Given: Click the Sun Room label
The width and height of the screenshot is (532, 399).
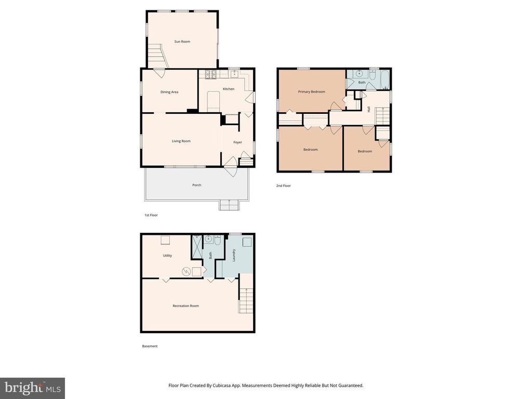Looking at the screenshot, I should (x=181, y=42).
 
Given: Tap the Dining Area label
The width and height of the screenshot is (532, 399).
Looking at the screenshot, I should (x=169, y=92).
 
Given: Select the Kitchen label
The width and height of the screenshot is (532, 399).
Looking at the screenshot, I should (x=229, y=89).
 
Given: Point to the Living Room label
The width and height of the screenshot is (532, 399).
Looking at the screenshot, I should (x=181, y=141).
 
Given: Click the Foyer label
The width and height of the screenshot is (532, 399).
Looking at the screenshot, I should (x=237, y=142).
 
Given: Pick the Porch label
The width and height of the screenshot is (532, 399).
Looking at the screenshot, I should (x=196, y=185).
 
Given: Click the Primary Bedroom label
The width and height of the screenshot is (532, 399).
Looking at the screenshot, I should (x=311, y=91).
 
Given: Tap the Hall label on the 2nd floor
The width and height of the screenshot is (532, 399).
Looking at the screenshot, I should (x=369, y=109).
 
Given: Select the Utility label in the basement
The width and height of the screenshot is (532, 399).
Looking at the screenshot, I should (x=167, y=256).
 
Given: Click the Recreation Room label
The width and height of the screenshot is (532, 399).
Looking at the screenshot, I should (x=185, y=306).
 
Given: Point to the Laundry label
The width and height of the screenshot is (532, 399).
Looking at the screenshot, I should (x=234, y=255).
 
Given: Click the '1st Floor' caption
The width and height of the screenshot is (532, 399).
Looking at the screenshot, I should (x=151, y=215).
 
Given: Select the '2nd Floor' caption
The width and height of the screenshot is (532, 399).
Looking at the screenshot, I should (x=283, y=185).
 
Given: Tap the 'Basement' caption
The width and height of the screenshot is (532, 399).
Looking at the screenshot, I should (x=150, y=346).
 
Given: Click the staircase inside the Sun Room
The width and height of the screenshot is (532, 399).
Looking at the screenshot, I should (x=157, y=56).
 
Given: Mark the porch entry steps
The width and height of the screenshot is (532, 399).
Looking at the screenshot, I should (x=229, y=205).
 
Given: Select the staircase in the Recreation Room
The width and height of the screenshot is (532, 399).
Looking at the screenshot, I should (x=246, y=301).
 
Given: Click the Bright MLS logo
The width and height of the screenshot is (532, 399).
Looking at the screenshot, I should (x=32, y=388).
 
